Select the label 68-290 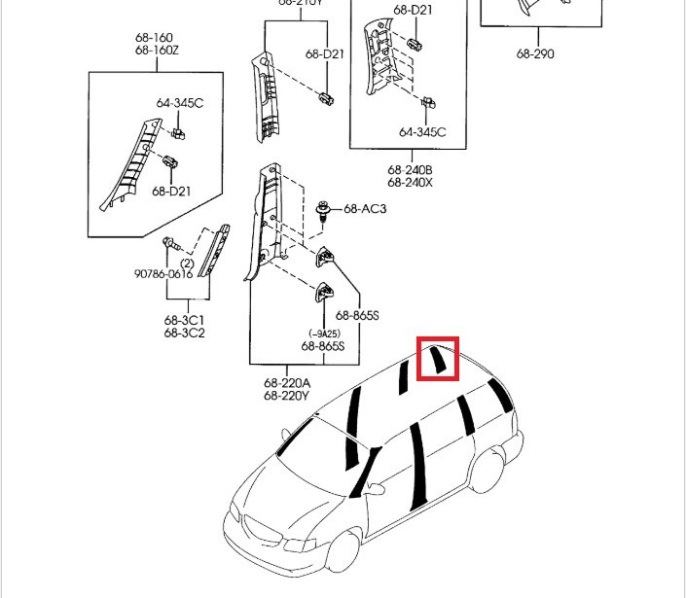pyautogui.click(x=535, y=54)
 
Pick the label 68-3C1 pyautogui.click(x=184, y=320)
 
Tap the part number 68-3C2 pyautogui.click(x=184, y=333)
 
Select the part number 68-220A pyautogui.click(x=286, y=383)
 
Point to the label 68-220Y pyautogui.click(x=286, y=396)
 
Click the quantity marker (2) pyautogui.click(x=186, y=264)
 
